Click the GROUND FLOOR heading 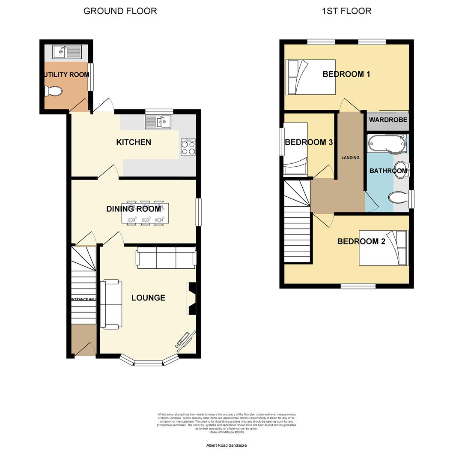click(x=120, y=11)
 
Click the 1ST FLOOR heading click(x=346, y=11)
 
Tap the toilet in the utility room click(x=54, y=91)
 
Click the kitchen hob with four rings click(x=188, y=147)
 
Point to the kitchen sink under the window click(x=158, y=123)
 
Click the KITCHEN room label click(x=134, y=142)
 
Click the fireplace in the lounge click(x=191, y=298)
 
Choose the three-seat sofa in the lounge click(x=166, y=258)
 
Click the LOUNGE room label click(x=148, y=298)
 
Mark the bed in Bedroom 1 click(x=310, y=77)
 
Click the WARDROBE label click(x=388, y=120)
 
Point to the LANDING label click(x=350, y=158)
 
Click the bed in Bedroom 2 click(x=384, y=248)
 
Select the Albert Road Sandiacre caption click(x=226, y=445)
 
